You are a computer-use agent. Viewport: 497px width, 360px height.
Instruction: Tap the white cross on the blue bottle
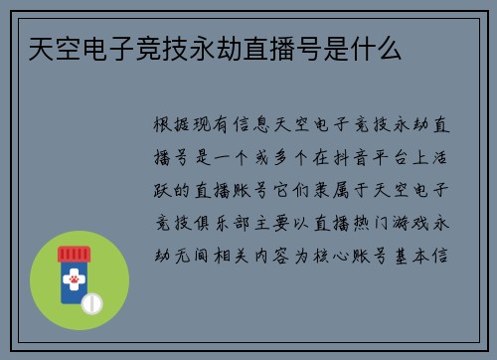[73, 271]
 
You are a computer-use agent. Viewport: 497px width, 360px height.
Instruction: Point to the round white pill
[91, 302]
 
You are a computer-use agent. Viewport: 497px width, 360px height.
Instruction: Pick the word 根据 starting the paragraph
[170, 126]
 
